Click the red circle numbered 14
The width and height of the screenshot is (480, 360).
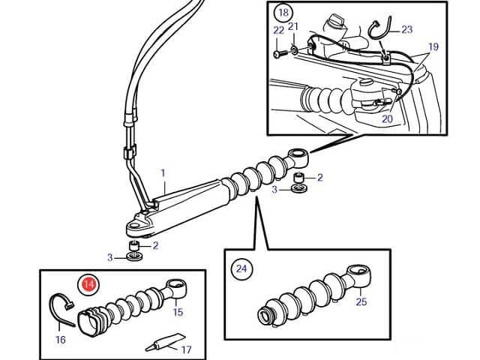point(88,284)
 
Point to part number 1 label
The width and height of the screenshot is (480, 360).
point(162,172)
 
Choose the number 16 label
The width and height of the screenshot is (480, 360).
point(61,340)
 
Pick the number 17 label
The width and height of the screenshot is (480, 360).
point(187,349)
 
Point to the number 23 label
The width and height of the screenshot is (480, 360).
point(406,30)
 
